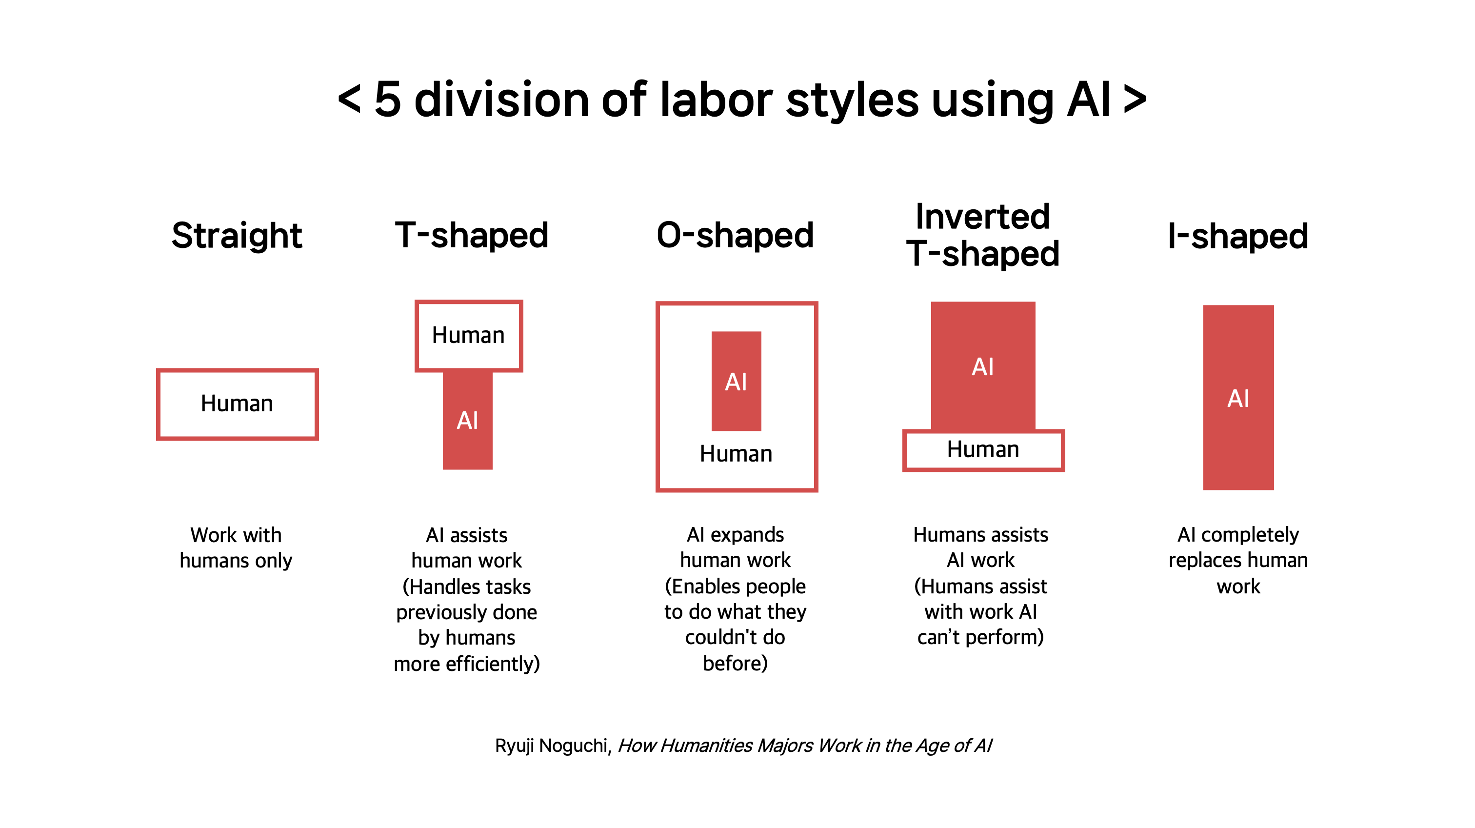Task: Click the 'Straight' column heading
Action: pyautogui.click(x=237, y=235)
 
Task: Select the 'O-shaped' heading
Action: pyautogui.click(x=735, y=235)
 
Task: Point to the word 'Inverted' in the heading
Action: pyautogui.click(x=982, y=217)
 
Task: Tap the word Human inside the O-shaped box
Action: pyautogui.click(x=736, y=453)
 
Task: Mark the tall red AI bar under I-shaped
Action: pyautogui.click(x=1238, y=397)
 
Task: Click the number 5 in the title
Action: pyautogui.click(x=388, y=100)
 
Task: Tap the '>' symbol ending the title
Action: pyautogui.click(x=1135, y=99)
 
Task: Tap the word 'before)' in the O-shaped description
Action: pyautogui.click(x=735, y=664)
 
